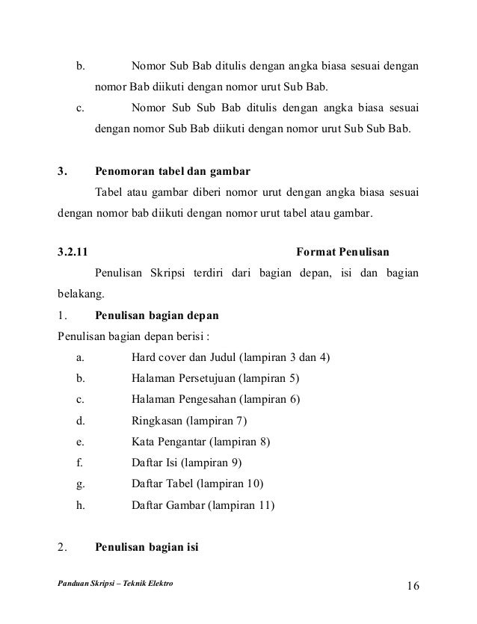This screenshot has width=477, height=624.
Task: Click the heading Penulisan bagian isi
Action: [x=147, y=546]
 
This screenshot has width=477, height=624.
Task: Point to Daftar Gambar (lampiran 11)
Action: [x=203, y=505]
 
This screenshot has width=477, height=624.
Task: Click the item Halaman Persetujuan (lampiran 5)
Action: [x=215, y=377]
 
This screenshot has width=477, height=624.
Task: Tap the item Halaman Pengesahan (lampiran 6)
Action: [x=215, y=398]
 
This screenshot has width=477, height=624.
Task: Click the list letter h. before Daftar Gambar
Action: [x=80, y=505]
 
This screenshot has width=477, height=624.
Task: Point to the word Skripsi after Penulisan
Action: [x=175, y=272]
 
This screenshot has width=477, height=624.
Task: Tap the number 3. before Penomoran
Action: [x=62, y=170]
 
